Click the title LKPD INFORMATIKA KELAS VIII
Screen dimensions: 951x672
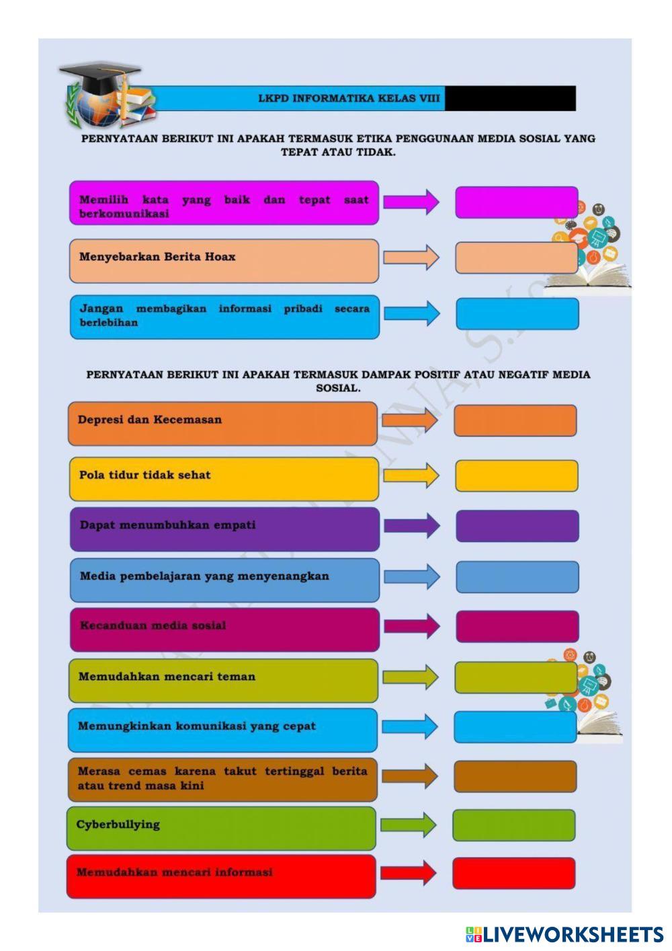coord(349,98)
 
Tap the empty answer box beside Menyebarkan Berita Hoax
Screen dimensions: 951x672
coord(515,258)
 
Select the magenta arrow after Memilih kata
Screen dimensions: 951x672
coord(411,202)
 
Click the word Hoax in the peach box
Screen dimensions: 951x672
coord(220,257)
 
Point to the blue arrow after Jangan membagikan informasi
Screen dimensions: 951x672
coord(411,313)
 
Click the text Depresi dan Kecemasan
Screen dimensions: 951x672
coord(149,420)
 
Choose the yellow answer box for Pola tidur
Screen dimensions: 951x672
coord(516,476)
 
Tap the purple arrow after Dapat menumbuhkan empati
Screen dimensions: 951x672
coord(411,526)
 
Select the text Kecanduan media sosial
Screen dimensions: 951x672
coord(153,625)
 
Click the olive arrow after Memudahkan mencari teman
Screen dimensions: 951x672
coord(410,677)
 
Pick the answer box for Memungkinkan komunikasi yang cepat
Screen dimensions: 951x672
coord(515,727)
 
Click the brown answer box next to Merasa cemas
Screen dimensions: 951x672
coord(515,777)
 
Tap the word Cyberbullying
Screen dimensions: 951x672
coord(118,825)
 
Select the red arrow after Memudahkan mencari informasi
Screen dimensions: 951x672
coord(408,873)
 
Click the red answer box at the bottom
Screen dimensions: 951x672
coord(513,873)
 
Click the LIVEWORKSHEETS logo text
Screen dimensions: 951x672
coord(573,934)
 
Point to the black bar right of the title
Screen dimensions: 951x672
coord(510,98)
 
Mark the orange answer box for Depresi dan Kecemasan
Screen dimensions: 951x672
coord(515,421)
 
